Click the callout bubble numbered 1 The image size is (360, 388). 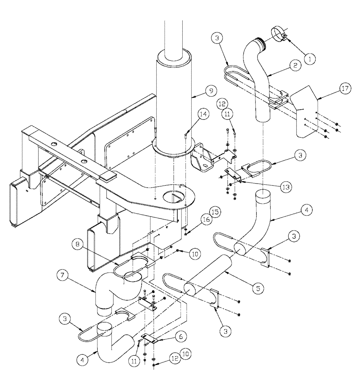pos(310,59)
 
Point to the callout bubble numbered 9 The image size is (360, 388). pos(210,92)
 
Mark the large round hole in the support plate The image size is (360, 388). pos(175,196)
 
